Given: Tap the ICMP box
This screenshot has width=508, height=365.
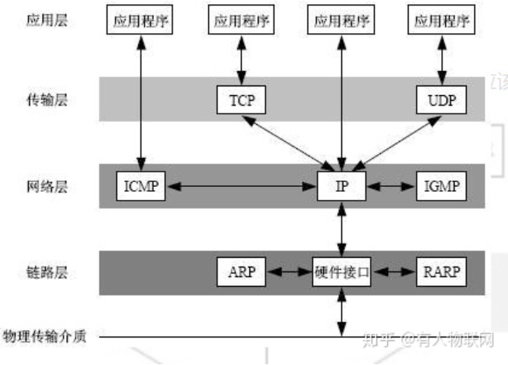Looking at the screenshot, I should pos(139,186).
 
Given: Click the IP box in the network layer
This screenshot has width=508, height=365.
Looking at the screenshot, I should pos(341,186).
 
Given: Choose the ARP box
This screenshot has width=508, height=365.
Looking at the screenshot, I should pos(240,272).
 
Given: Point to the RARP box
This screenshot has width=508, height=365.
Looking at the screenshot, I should pos(441,272).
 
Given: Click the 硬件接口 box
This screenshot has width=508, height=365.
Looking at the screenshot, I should pos(341,272).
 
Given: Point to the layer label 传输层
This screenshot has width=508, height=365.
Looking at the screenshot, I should pos(45,101).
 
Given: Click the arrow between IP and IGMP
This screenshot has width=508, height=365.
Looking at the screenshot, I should pos(391,186).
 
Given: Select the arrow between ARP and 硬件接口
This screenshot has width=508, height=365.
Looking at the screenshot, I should pos(287,272).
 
